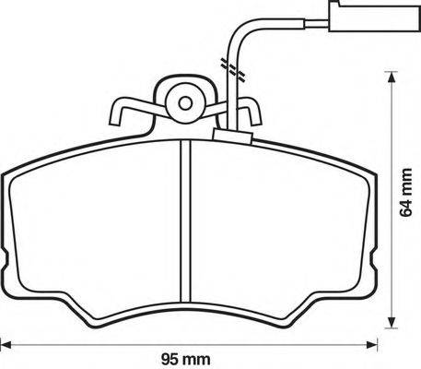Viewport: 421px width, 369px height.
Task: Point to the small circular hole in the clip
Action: tap(184, 102)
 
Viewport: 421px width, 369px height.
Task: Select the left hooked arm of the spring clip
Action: tap(124, 113)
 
